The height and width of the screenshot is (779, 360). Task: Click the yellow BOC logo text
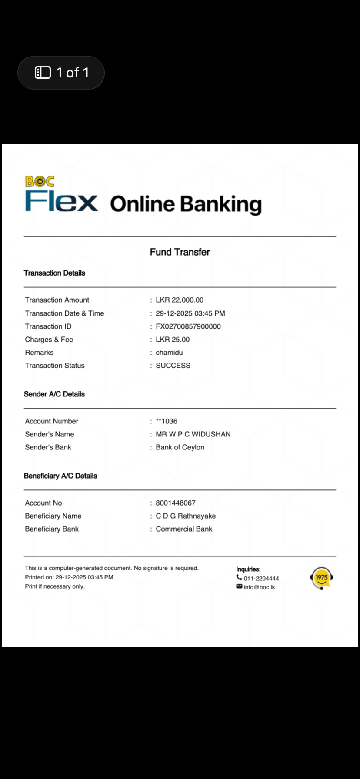pos(40,181)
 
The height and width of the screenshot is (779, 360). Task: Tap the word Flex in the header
pos(61,201)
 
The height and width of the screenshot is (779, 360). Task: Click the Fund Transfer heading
pos(180,252)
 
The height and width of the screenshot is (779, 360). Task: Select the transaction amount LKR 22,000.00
pos(180,300)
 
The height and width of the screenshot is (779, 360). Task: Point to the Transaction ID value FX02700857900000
pos(188,326)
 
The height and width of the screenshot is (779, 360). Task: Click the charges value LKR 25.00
pos(173,340)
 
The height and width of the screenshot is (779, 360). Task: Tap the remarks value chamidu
pos(169,353)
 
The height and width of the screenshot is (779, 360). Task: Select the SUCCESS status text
pos(173,366)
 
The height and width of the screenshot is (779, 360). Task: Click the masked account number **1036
pos(167,421)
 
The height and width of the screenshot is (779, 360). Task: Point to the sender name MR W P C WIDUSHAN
pos(193,434)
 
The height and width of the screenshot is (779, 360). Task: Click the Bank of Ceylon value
pos(180,447)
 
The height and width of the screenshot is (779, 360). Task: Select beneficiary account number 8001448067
pos(176,503)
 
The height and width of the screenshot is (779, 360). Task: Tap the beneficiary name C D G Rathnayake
pos(186,516)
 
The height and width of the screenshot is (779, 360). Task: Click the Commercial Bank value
pos(184,529)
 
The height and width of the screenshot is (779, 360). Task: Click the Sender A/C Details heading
pos(54,394)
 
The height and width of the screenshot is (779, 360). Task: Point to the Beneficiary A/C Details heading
pos(60,476)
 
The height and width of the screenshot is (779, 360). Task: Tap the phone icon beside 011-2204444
pos(239,578)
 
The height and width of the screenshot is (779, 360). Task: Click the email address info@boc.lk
pos(259,587)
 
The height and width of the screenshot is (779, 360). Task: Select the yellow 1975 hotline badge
pos(321,578)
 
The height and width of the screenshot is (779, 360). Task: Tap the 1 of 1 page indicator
pos(61,73)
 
